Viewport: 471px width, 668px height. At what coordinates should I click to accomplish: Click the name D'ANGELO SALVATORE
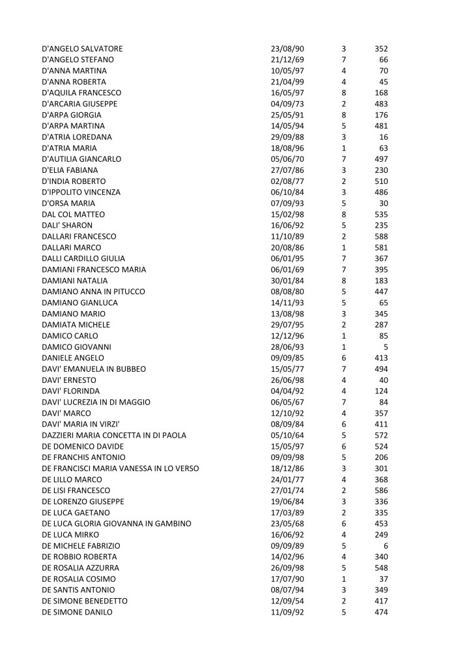click(81, 48)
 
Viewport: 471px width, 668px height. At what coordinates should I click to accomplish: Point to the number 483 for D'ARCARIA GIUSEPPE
click(382, 104)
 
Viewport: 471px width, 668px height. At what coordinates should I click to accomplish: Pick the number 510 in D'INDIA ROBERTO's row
click(382, 181)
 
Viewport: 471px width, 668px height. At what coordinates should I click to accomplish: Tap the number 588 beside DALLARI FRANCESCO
click(382, 236)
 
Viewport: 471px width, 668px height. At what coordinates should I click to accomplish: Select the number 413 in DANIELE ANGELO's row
click(382, 358)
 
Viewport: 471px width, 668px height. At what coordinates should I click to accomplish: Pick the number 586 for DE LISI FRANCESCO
click(382, 491)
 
